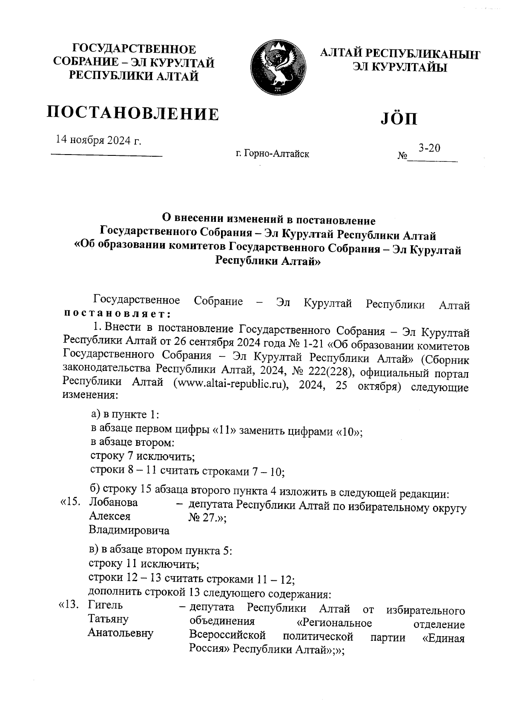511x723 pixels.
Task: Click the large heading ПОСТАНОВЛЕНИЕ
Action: (133, 114)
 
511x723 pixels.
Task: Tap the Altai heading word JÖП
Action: (399, 119)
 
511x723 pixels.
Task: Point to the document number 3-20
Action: (429, 148)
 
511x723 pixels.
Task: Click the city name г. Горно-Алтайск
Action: (272, 154)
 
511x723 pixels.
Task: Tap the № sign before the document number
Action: (402, 156)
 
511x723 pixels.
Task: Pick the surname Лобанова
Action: (114, 502)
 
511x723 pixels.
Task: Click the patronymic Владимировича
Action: (129, 531)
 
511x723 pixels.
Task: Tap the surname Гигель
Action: (105, 605)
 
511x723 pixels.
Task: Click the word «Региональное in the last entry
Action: (334, 623)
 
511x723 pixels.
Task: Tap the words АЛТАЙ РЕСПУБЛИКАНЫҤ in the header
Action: (399, 54)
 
